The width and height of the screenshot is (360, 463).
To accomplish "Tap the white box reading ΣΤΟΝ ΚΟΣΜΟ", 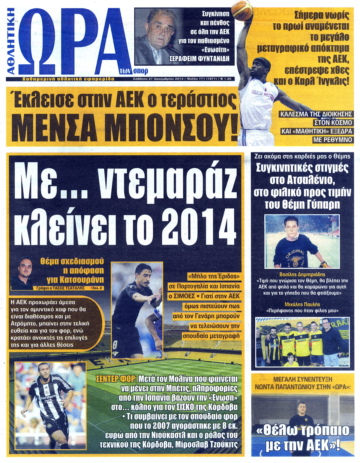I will [x=333, y=123].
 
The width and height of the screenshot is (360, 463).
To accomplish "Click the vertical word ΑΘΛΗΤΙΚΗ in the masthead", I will [x=11, y=41].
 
